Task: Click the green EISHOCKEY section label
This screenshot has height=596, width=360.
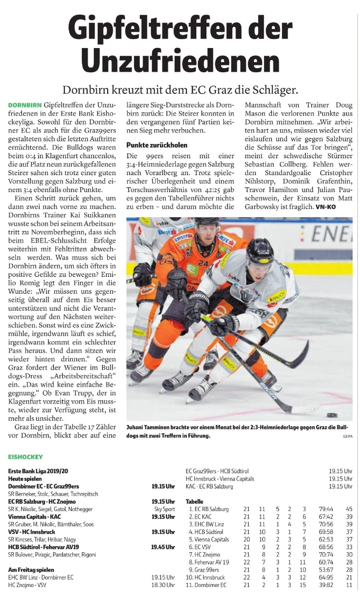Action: coord(26,455)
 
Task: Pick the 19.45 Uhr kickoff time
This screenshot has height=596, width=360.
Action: coord(164,547)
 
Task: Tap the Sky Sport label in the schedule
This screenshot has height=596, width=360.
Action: coord(165,509)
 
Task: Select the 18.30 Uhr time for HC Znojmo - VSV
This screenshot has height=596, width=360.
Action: coord(163,585)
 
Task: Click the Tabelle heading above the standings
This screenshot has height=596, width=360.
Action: coord(194,501)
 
